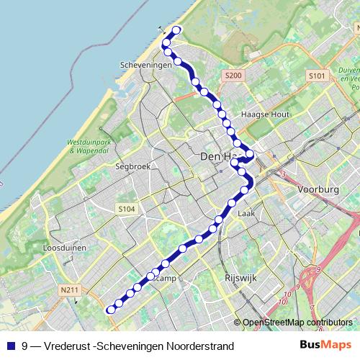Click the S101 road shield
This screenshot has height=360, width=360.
[317, 76]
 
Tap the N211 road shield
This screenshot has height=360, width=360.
[69, 290]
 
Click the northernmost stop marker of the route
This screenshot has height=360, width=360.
[176, 30]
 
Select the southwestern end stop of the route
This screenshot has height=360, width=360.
[111, 310]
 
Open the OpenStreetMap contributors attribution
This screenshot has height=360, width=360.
[299, 323]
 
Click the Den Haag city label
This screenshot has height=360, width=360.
[217, 156]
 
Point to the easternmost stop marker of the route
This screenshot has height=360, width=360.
[250, 153]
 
